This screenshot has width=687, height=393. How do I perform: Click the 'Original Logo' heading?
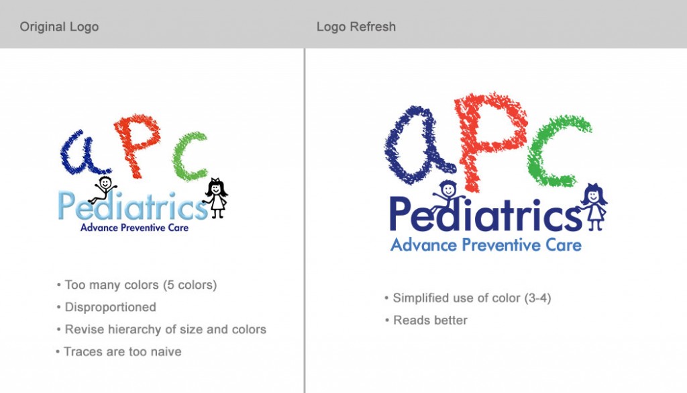(x=59, y=27)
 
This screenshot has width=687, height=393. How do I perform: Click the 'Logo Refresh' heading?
(x=356, y=27)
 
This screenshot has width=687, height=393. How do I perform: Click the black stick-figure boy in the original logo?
(x=103, y=189)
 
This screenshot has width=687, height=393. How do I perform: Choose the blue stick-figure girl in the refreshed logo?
(x=594, y=206)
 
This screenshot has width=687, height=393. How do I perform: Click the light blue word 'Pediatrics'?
(x=133, y=206)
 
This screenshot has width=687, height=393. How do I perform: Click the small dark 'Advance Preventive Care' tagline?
(x=134, y=227)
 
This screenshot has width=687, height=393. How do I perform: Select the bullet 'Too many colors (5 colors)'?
(x=137, y=285)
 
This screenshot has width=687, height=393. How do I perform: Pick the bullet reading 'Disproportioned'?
(x=106, y=307)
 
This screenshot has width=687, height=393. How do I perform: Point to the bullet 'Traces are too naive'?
(x=118, y=352)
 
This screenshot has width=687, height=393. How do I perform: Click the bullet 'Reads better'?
(x=426, y=320)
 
